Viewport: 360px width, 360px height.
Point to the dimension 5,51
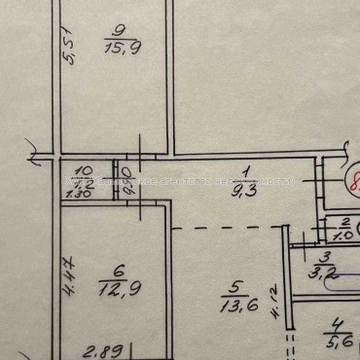click(68, 52)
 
